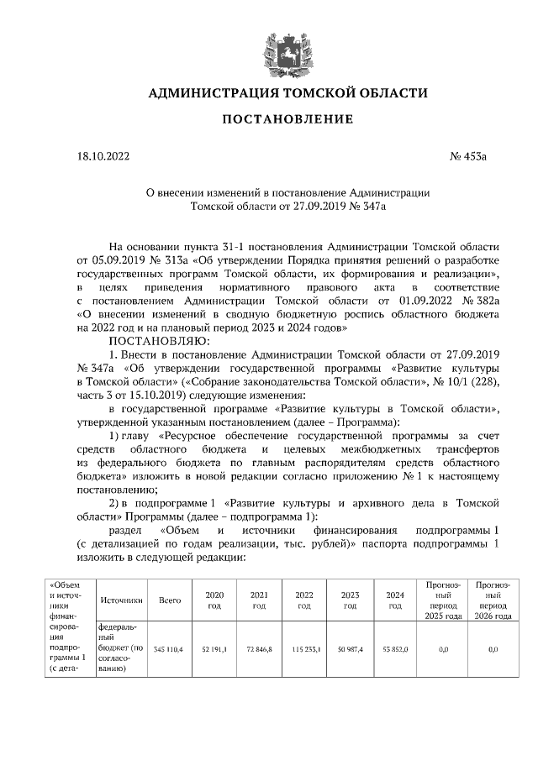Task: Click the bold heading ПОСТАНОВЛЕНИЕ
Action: tap(287, 119)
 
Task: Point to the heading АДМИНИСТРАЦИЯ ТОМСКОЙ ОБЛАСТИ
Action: tap(287, 92)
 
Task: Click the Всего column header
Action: tap(171, 600)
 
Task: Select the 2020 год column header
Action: tap(214, 600)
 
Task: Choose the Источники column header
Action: tap(122, 600)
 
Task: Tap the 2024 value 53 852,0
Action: tap(395, 649)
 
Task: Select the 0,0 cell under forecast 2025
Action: tap(444, 649)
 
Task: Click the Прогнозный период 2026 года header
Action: tap(493, 600)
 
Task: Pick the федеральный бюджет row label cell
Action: tap(122, 649)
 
